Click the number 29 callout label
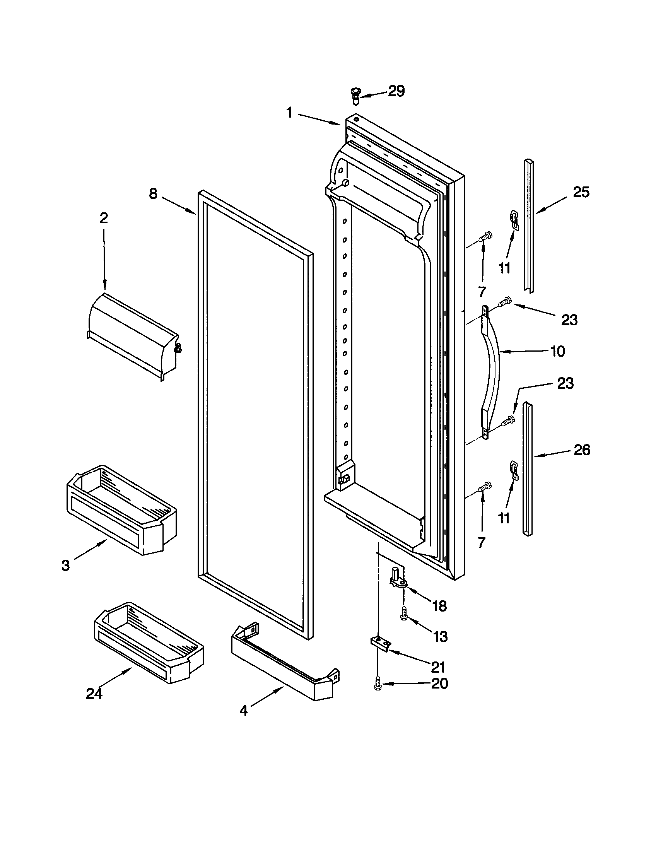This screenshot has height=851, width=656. pos(396,91)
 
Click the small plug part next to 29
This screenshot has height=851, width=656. pos(355,96)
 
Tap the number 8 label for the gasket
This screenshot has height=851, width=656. pos(153,194)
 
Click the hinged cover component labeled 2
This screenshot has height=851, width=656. pos(132,335)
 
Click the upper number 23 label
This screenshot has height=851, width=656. pos(569,320)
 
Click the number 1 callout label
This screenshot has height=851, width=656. pos(289,113)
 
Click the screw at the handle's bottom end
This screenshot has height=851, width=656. pos(508,421)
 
